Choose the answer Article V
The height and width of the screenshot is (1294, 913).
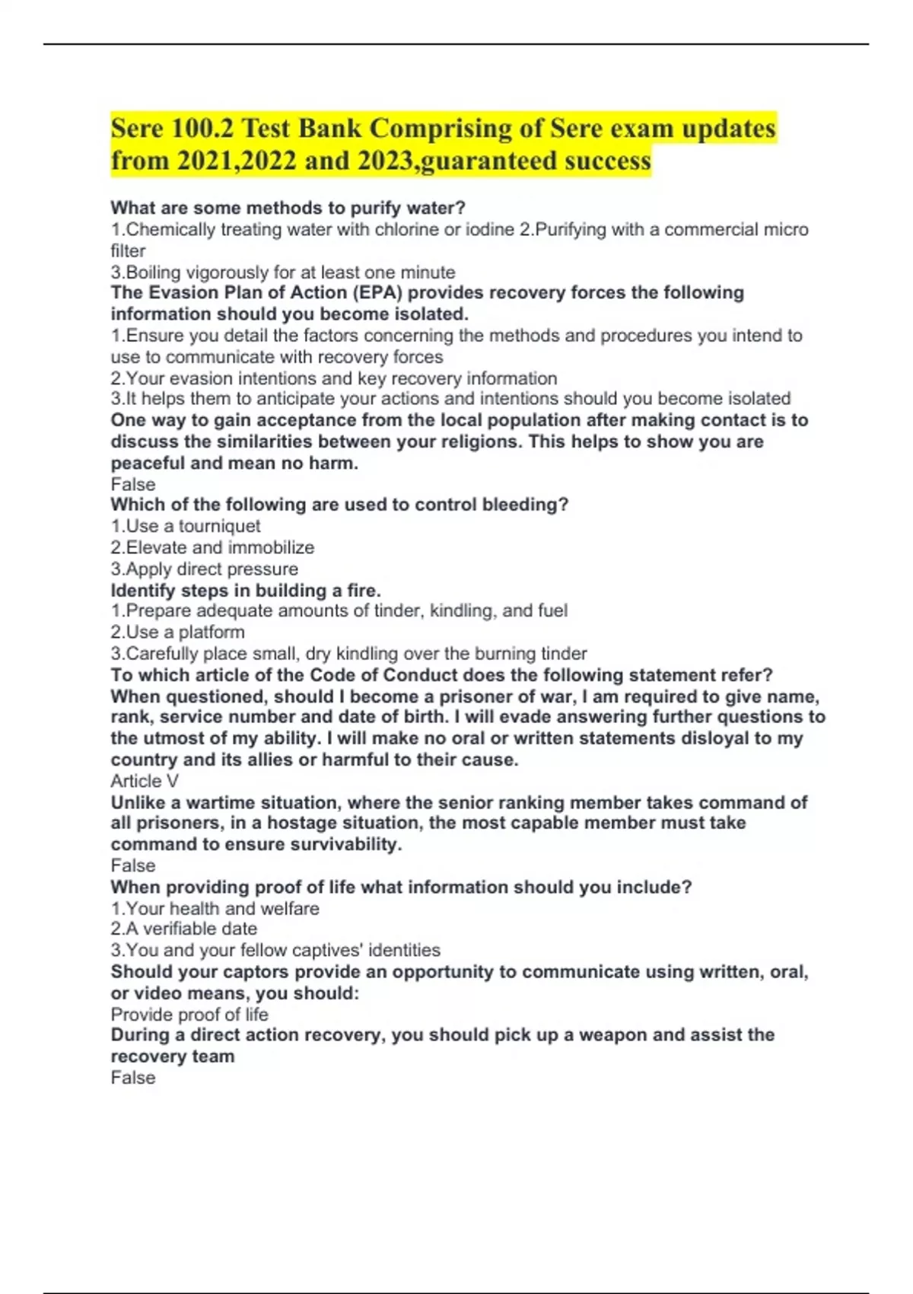145,781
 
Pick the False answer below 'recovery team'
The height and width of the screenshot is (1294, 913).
133,1078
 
